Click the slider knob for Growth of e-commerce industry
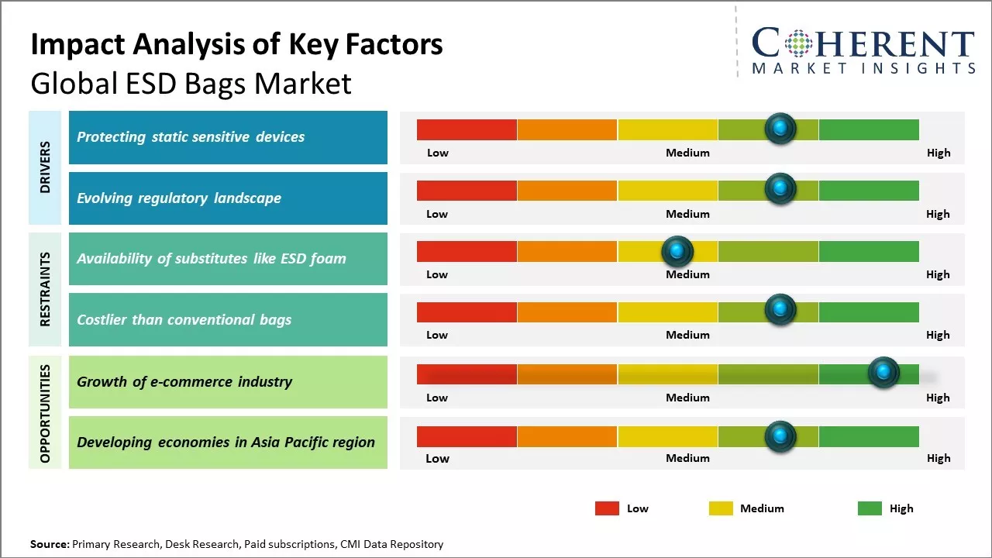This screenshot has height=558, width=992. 883,373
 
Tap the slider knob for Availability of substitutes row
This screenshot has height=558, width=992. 677,250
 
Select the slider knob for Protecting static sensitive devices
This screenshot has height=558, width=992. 780,128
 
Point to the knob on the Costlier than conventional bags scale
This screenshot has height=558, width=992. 780,310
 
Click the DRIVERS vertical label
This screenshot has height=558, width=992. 45,167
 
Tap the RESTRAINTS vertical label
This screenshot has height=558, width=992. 45,289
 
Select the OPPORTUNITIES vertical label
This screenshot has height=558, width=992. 45,413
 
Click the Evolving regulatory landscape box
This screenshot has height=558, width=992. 228,198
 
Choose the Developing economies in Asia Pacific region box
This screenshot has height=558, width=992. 228,443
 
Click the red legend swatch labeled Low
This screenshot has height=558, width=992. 607,508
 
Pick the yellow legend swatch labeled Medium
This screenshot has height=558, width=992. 721,508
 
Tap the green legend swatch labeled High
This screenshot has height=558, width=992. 870,508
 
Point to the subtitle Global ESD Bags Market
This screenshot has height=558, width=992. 191,83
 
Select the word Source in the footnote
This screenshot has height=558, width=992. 49,544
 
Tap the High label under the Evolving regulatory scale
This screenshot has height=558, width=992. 938,214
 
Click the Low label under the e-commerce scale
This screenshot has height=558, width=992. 437,398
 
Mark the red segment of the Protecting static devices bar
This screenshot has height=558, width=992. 467,129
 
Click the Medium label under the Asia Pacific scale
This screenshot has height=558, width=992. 687,458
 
